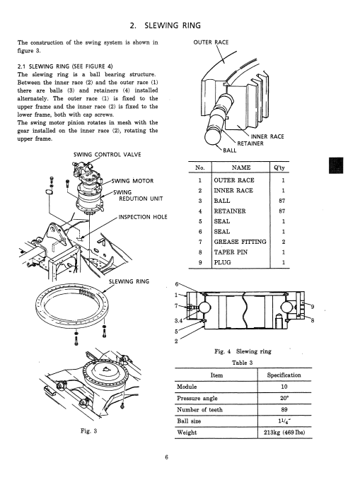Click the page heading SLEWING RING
click(173, 25)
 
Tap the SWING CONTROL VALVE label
click(107, 155)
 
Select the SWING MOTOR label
click(132, 181)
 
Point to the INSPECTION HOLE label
click(143, 217)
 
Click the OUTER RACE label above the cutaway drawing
click(211, 42)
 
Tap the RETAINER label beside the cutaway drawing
click(250, 143)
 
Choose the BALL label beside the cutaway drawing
click(230, 150)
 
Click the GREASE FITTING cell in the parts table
click(240, 242)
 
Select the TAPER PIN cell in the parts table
click(231, 252)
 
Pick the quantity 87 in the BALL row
click(281, 201)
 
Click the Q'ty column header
click(279, 168)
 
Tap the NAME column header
click(241, 168)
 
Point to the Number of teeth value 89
click(284, 409)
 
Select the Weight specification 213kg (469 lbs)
click(284, 433)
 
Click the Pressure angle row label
click(197, 398)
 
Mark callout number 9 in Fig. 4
click(313, 307)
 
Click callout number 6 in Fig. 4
click(176, 284)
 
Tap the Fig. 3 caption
click(89, 431)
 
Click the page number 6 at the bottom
click(166, 457)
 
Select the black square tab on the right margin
click(336, 165)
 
